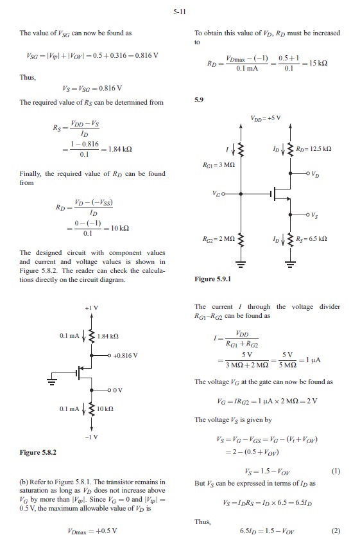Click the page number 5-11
[x=179, y=12]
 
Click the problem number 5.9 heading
[x=199, y=100]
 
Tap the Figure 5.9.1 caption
[x=213, y=279]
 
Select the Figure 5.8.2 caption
[x=38, y=453]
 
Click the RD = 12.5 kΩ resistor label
[x=314, y=149]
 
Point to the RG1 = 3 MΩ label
[x=219, y=164]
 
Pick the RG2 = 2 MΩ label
[x=218, y=239]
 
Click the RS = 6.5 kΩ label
[x=311, y=239]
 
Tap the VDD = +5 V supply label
[x=266, y=118]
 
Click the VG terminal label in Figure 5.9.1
[x=216, y=193]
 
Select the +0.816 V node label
[x=125, y=356]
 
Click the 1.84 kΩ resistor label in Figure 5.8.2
[x=108, y=336]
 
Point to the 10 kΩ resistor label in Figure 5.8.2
[x=105, y=409]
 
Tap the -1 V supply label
[x=91, y=437]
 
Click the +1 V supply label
[x=91, y=308]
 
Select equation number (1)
[x=336, y=471]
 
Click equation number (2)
[x=336, y=531]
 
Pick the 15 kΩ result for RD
[x=318, y=63]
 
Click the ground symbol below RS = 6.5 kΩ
[x=290, y=263]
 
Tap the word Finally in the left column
[x=30, y=174]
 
